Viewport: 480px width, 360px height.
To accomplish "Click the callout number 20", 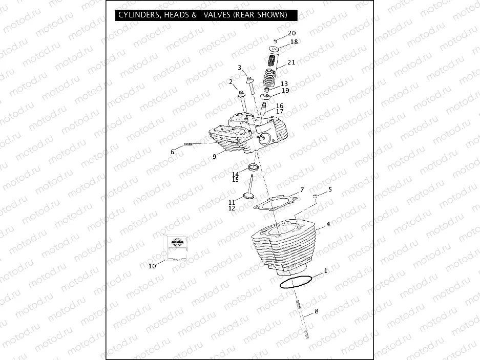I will tap(291, 33).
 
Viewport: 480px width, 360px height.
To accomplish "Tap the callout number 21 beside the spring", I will tap(291, 62).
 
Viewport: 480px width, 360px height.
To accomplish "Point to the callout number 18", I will tap(294, 42).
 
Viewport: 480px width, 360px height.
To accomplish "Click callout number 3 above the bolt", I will tap(239, 68).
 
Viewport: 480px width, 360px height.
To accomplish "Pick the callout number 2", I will tap(231, 82).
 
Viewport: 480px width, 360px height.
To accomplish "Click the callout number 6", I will tap(173, 152).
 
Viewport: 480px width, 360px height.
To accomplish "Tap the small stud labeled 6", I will tap(187, 144).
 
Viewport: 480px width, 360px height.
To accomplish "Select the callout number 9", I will tap(215, 157).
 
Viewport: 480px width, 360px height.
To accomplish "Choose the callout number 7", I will tap(302, 190).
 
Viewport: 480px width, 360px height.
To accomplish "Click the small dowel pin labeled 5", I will tap(316, 196).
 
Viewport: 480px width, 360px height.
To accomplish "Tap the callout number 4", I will tap(328, 224).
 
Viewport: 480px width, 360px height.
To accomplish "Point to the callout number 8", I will tap(316, 311).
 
